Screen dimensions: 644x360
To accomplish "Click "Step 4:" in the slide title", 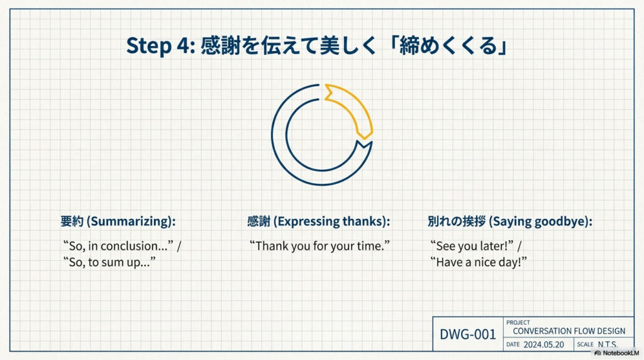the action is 160,45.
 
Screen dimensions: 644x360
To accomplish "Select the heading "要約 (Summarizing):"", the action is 118,221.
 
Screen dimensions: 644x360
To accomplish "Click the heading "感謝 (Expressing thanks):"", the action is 318,221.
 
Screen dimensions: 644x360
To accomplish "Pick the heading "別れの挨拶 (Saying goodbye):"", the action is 509,221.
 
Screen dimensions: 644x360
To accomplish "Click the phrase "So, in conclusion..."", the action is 118,245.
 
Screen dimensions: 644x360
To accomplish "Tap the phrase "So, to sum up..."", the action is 109,262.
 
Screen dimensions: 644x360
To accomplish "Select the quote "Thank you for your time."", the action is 319,245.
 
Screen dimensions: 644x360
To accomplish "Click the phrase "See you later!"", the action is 472,245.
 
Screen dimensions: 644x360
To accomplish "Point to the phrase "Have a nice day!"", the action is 479,262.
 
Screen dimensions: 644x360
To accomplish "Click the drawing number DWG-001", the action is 468,334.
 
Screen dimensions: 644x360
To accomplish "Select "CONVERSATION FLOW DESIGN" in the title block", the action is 569,331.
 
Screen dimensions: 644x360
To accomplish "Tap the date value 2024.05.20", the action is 543,344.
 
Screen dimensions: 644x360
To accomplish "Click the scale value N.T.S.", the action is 608,344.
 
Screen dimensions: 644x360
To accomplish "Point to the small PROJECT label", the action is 518,323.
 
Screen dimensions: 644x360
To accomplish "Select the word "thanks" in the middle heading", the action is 363,221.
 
